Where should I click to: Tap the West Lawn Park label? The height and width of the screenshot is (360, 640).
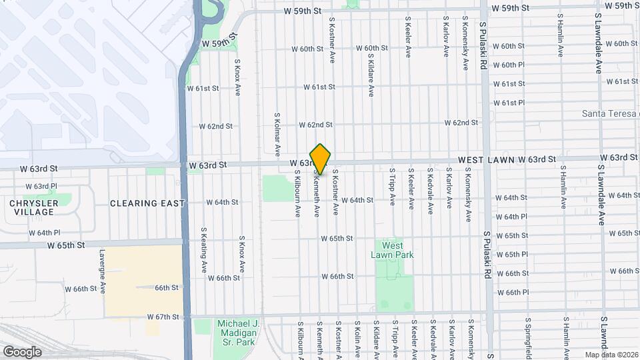point(393,250)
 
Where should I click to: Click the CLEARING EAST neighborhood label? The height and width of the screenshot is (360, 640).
point(147,203)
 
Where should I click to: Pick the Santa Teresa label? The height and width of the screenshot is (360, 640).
point(610,113)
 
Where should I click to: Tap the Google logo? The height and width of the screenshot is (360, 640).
point(22,351)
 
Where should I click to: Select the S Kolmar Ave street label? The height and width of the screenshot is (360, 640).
point(277,131)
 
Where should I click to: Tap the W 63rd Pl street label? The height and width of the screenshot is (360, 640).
point(41,186)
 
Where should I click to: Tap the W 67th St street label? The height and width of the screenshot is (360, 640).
point(164,317)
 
